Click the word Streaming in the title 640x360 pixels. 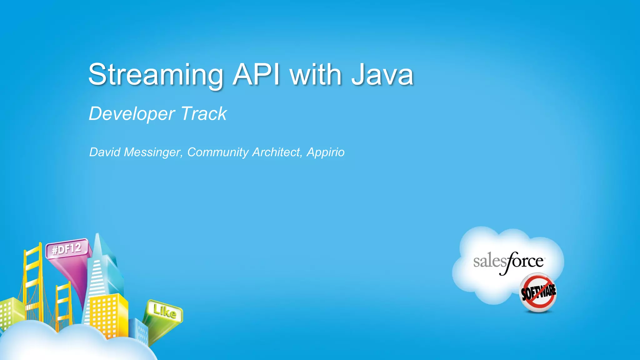click(x=156, y=75)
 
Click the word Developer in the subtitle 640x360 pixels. click(x=132, y=114)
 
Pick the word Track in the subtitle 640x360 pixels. click(x=203, y=113)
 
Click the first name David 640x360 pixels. click(x=105, y=152)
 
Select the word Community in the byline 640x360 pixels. click(x=218, y=152)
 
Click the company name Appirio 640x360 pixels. click(x=326, y=152)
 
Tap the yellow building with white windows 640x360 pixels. click(x=108, y=314)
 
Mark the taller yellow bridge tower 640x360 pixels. click(x=33, y=275)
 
